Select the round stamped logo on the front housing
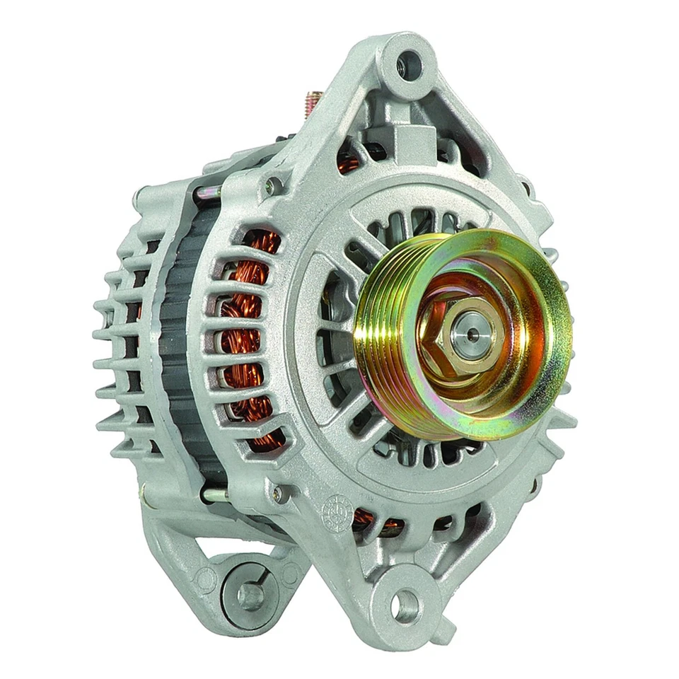[x=333, y=509]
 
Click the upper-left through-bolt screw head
[x=271, y=185]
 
